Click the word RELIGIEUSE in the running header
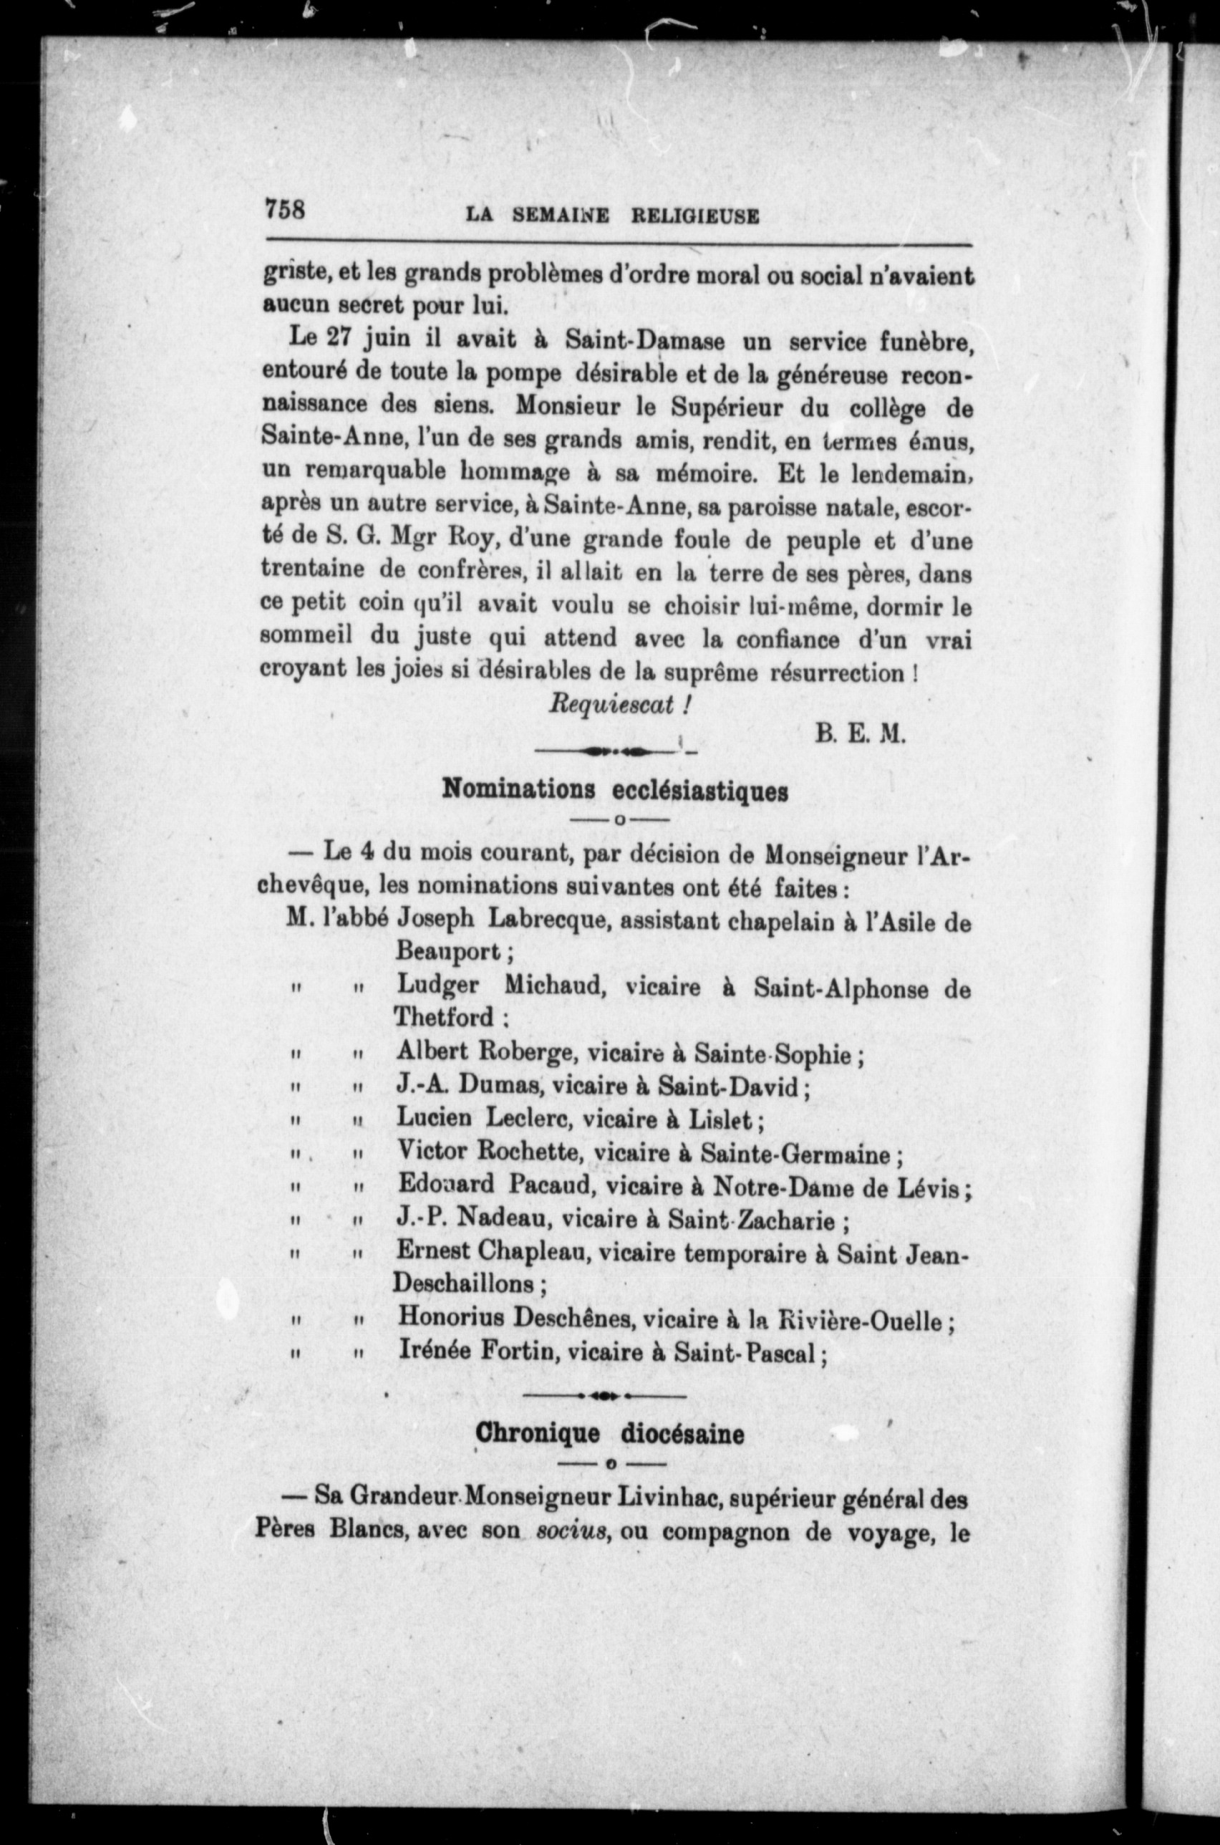pyautogui.click(x=694, y=216)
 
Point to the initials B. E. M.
pyautogui.click(x=861, y=734)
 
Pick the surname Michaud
pyautogui.click(x=553, y=986)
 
